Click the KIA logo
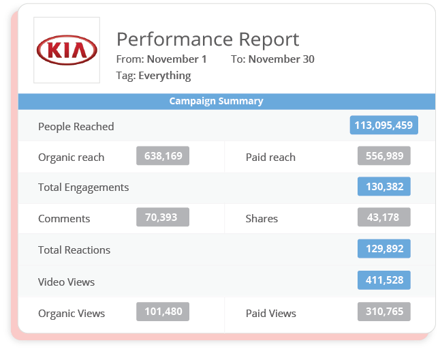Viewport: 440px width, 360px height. coord(67,50)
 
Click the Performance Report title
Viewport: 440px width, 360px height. coord(208,39)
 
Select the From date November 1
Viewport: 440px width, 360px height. coord(176,59)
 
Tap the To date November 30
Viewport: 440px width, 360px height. coord(281,59)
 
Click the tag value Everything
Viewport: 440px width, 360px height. coord(164,76)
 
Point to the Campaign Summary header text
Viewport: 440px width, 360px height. coord(216,101)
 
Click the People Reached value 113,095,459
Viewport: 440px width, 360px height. coord(384,125)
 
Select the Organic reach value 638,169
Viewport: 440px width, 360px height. coord(163,156)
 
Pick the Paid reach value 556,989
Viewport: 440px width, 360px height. coord(384,156)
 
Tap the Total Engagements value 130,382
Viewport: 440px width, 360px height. coord(384,187)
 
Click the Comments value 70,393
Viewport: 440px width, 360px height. coord(163,217)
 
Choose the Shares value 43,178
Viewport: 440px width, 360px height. coord(384,217)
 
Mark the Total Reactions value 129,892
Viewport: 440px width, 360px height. coord(384,249)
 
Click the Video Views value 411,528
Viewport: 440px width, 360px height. coord(384,281)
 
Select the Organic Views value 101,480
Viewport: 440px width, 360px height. coord(163,312)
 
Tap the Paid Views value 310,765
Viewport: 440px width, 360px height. coord(384,312)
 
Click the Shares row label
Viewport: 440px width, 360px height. coord(262,219)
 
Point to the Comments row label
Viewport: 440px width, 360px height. coord(64,219)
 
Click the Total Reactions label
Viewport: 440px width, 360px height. coord(74,250)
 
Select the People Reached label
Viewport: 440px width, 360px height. coord(76,127)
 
